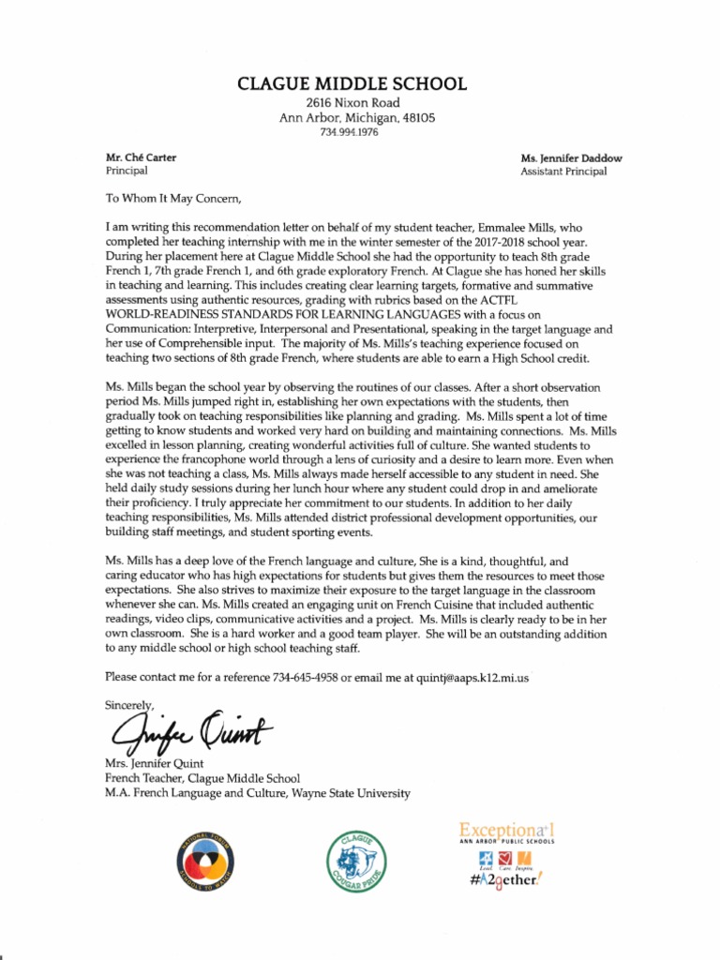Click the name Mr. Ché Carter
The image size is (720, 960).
142,157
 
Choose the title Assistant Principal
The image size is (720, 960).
563,172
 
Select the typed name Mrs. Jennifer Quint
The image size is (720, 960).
155,764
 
